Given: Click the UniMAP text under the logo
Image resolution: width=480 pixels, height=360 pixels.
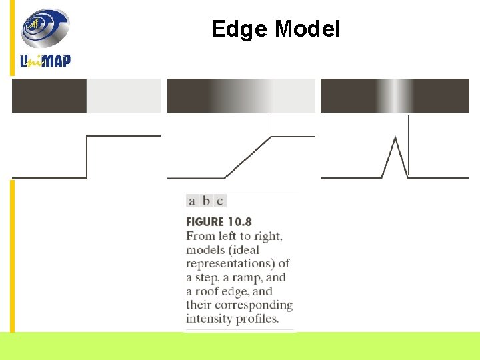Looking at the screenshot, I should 45,60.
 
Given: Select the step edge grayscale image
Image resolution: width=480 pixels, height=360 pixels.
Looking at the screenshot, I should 87,95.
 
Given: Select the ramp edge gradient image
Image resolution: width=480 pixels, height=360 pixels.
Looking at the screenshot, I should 241,95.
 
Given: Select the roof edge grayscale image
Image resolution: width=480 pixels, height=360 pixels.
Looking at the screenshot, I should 395,95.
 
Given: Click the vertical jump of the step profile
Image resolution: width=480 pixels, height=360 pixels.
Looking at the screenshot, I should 87,157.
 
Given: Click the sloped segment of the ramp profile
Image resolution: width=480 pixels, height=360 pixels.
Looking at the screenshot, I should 248,157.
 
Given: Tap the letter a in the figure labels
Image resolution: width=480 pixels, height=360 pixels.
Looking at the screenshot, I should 192,201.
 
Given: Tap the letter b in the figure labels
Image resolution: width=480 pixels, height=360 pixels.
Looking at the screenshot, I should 206,201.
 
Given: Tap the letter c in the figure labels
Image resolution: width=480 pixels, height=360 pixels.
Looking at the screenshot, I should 219,201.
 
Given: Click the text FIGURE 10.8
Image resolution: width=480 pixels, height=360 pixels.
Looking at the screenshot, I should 219,222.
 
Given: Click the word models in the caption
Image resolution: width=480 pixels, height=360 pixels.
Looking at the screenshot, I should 207,250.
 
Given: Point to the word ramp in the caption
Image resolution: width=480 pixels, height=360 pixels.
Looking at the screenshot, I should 239,278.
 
